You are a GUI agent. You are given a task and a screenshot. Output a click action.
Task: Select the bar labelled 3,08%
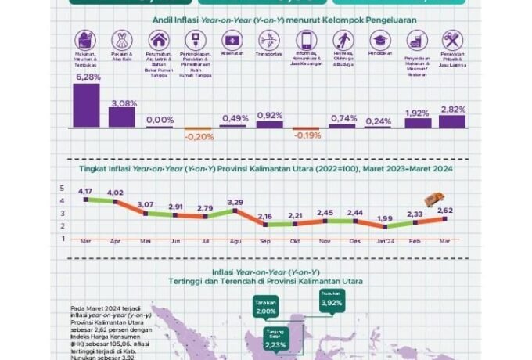point(122,117)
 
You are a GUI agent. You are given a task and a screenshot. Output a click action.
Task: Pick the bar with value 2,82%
point(452,121)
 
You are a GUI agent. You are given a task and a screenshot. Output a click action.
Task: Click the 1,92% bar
point(417,123)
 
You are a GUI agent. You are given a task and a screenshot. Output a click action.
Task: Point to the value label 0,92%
point(269,115)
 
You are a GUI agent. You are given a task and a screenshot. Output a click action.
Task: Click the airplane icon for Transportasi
point(269,40)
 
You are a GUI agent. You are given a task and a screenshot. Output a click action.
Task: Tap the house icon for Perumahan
point(160,40)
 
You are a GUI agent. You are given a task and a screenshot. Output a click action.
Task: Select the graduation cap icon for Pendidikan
point(380,40)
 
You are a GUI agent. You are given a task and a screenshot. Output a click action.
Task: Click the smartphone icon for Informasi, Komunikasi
point(306,40)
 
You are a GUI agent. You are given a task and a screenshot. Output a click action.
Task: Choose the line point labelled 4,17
point(85,200)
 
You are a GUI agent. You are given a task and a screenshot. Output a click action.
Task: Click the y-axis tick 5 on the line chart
point(63,189)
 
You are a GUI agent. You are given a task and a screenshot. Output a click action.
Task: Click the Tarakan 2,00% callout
point(266,308)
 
